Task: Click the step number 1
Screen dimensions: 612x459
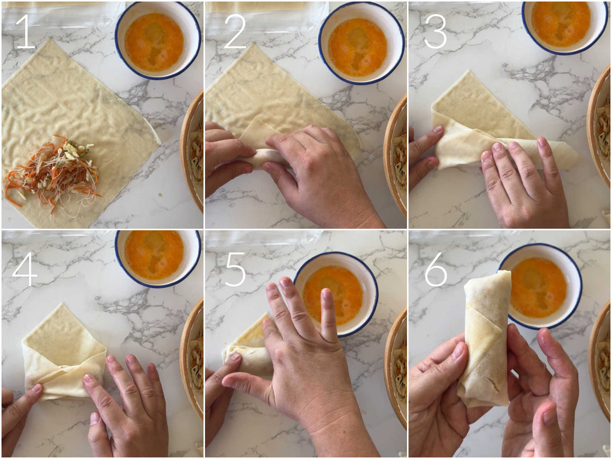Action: coord(26,31)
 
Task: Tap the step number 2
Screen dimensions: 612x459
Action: coord(235,31)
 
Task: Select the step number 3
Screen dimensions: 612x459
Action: coord(435,31)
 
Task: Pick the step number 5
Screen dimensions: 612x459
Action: coord(235,269)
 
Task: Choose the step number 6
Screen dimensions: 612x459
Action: coord(436,269)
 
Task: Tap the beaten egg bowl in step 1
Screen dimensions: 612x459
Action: coord(158,41)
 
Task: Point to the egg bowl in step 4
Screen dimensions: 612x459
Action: coord(158,258)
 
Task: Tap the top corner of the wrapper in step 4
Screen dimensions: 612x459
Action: coord(62,304)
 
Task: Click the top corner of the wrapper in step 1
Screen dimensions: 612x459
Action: coord(50,39)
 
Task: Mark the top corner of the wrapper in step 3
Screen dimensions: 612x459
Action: coord(469,72)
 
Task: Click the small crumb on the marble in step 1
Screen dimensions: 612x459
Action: coord(160,194)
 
